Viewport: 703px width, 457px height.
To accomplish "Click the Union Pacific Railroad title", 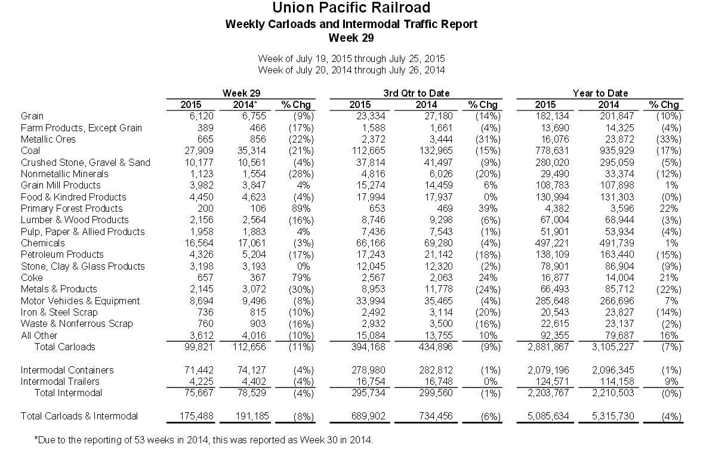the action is [351, 8].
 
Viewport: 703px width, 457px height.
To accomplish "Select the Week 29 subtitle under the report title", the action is [351, 38].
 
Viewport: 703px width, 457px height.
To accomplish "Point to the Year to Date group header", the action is [600, 93].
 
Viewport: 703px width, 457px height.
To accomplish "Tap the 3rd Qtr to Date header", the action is [416, 93].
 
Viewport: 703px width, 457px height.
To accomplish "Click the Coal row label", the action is [30, 150].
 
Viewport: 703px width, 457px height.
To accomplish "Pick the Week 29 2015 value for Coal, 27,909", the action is [199, 150].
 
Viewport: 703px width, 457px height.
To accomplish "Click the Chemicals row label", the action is [42, 243].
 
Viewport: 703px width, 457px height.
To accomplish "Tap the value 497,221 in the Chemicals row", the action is [552, 243].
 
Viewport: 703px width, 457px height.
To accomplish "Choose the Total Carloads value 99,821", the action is [199, 347].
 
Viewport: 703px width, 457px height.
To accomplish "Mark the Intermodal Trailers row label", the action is [60, 381].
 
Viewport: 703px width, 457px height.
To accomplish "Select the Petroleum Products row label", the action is [62, 255].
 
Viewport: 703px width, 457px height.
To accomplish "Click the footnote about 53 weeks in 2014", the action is [204, 440].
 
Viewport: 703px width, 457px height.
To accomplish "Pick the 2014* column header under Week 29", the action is [245, 104].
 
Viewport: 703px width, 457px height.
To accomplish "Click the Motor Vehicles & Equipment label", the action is [80, 301].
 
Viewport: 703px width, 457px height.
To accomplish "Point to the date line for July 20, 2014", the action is [351, 70].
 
